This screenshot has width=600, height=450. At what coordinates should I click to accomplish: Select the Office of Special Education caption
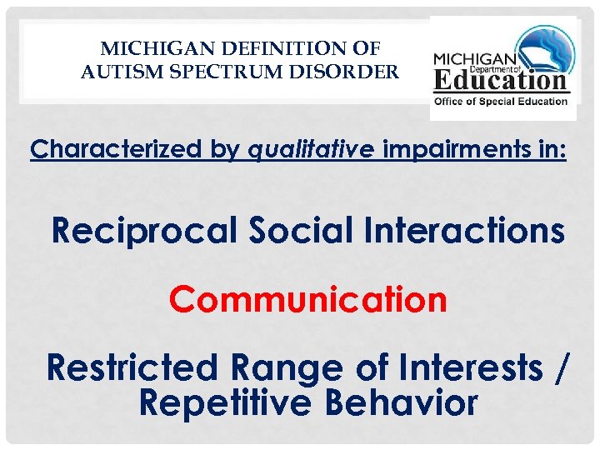(x=500, y=102)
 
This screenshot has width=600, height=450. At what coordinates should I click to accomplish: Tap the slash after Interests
(x=564, y=367)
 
